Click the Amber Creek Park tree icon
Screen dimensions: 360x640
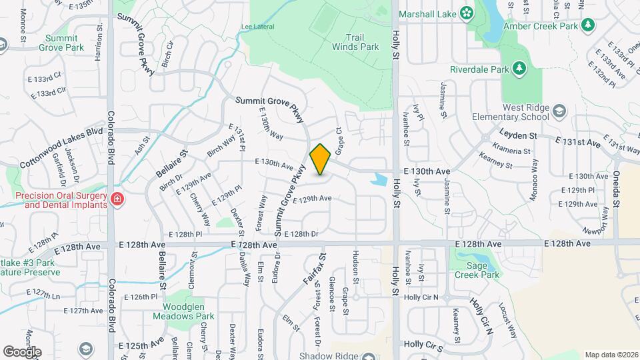[x=587, y=25]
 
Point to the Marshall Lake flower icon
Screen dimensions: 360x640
[x=466, y=13]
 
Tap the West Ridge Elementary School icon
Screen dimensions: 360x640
[x=559, y=111]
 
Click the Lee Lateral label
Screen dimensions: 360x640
[x=253, y=27]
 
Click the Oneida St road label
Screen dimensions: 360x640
[x=617, y=193]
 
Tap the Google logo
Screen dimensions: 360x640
[x=22, y=351]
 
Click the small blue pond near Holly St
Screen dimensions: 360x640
[x=379, y=179]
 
